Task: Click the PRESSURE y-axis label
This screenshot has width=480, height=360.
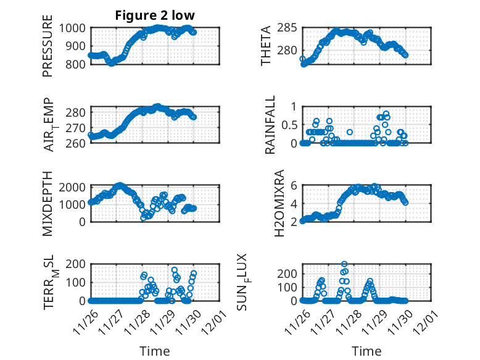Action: pyautogui.click(x=48, y=46)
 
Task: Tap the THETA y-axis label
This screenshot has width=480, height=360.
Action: pyautogui.click(x=266, y=46)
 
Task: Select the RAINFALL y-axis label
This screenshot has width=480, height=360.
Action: pyautogui.click(x=270, y=125)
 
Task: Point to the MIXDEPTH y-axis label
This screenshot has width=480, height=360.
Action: pyautogui.click(x=48, y=203)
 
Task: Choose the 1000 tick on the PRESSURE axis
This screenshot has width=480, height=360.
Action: pyautogui.click(x=75, y=28)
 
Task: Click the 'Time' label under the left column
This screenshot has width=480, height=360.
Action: pyautogui.click(x=155, y=351)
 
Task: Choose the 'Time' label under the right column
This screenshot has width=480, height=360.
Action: pyautogui.click(x=367, y=351)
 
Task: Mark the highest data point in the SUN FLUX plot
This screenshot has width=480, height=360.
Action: pyautogui.click(x=344, y=264)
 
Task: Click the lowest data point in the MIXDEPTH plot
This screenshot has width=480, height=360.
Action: pyautogui.click(x=143, y=217)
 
